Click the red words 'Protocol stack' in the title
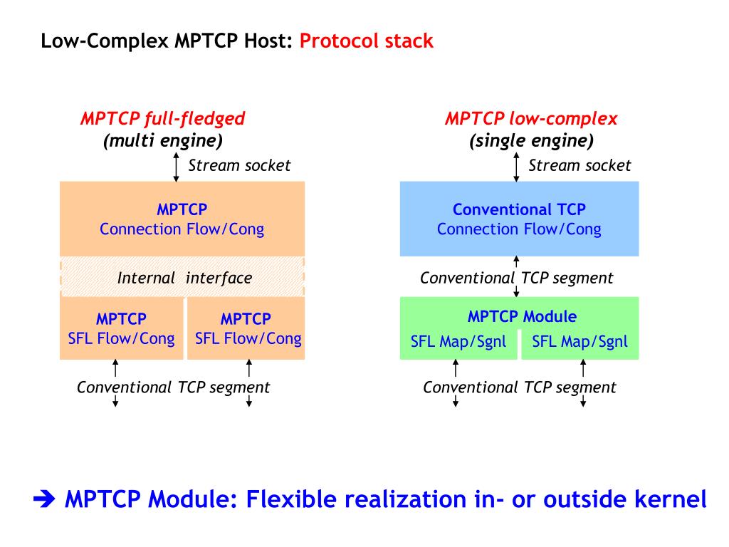pos(366,41)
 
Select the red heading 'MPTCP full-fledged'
pos(162,118)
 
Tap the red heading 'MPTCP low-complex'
pos(531,118)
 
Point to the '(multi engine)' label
pos(163,140)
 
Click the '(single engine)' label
pos(531,140)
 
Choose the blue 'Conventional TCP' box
pos(519,219)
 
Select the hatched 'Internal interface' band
pos(182,277)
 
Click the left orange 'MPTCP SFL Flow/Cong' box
pos(121,328)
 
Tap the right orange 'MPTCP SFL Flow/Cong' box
pos(246,328)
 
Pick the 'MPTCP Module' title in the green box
pos(522,316)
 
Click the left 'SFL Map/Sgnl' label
pos(458,341)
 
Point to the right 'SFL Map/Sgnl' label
pos(579,341)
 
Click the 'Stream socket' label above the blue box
pos(579,165)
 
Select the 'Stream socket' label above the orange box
pos(239,165)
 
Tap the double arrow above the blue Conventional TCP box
pos(517,165)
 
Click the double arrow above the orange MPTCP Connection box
pos(177,165)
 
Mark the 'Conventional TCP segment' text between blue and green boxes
pos(516,278)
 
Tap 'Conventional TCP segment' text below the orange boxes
pos(173,387)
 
